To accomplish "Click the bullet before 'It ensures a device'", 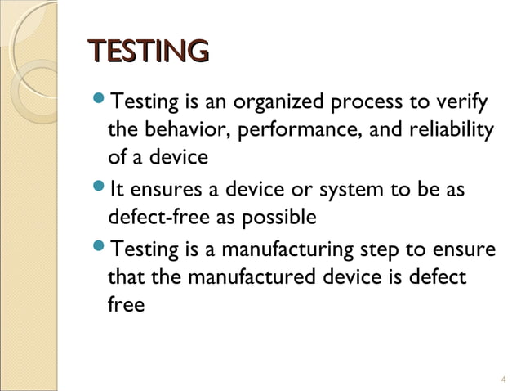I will [x=100, y=191].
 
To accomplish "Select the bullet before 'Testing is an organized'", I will [x=100, y=103].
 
